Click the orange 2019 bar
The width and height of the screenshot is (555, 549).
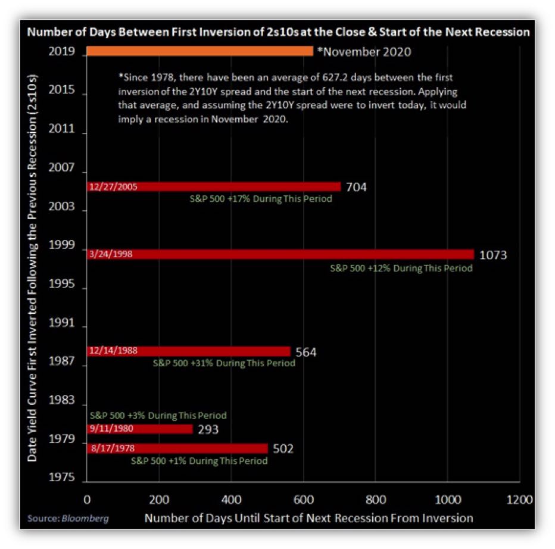click(199, 52)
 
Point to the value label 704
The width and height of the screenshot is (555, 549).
click(356, 188)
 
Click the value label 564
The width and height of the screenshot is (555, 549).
click(305, 352)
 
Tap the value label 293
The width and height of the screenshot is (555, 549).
click(208, 429)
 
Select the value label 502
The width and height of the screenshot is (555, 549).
click(283, 448)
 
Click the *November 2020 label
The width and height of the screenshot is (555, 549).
click(364, 52)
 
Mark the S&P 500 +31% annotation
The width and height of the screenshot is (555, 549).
click(223, 363)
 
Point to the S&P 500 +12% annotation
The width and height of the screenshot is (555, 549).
click(401, 268)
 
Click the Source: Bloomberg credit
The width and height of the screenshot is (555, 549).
click(68, 518)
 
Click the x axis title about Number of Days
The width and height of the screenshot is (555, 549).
click(308, 517)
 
